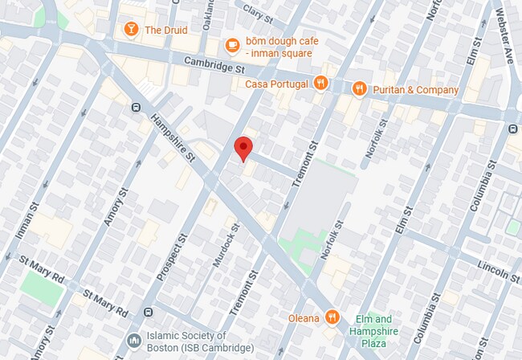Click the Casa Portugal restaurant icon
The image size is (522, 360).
pos(320,83)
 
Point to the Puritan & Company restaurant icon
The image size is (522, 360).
pos(359,89)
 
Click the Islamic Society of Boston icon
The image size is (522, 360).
pos(134,342)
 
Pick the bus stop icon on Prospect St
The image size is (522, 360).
pos(147,311)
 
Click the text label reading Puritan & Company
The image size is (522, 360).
pos(416,89)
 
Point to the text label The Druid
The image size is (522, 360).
pos(165,31)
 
